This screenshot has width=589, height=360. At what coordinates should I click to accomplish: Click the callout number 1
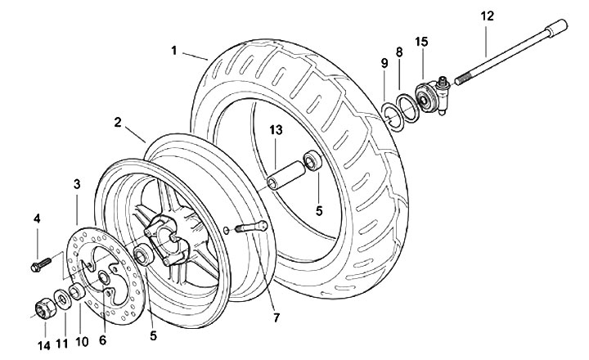[x=174, y=51]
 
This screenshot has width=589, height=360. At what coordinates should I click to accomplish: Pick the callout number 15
[x=421, y=41]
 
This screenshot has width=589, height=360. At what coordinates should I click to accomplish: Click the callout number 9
[x=384, y=64]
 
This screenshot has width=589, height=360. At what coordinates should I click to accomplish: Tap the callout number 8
[x=399, y=52]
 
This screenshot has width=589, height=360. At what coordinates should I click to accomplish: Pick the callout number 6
[x=102, y=340]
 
